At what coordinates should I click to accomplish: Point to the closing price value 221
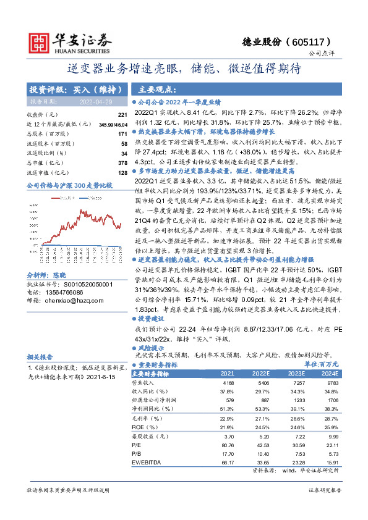click(122, 115)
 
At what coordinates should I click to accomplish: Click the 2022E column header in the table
click(259, 374)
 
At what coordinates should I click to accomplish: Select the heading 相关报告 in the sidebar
click(40, 356)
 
